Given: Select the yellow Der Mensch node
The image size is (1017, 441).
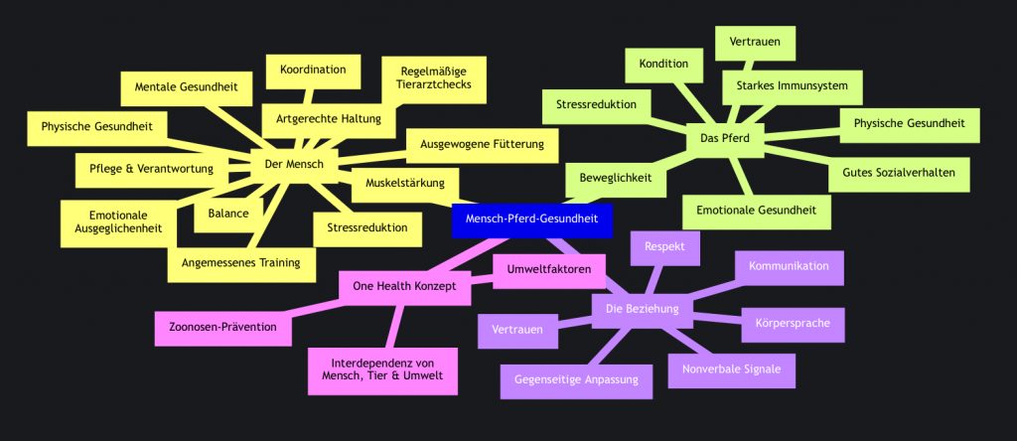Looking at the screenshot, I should pyautogui.click(x=294, y=164).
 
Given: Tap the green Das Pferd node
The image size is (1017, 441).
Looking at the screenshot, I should pyautogui.click(x=724, y=138).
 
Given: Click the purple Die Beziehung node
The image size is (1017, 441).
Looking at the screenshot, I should pyautogui.click(x=642, y=309).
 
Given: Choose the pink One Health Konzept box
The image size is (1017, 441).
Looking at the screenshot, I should pyautogui.click(x=404, y=286).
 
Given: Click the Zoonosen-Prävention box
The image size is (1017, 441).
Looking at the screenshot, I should pyautogui.click(x=222, y=327).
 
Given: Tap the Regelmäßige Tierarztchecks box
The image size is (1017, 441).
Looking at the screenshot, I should pyautogui.click(x=433, y=79).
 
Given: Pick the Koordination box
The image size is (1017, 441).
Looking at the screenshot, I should pyautogui.click(x=313, y=70).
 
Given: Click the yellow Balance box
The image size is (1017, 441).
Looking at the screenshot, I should pyautogui.click(x=228, y=213).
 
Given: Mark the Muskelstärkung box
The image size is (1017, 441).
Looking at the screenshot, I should pyautogui.click(x=405, y=184).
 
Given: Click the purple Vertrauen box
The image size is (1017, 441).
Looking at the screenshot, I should pyautogui.click(x=517, y=329).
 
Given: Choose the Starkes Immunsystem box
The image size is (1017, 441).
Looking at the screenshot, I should pyautogui.click(x=792, y=86).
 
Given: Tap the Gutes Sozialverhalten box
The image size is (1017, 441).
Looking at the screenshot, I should pyautogui.click(x=898, y=173).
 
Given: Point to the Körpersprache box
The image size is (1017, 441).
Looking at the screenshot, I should pyautogui.click(x=793, y=325).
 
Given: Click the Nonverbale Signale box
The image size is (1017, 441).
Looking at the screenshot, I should pyautogui.click(x=731, y=368).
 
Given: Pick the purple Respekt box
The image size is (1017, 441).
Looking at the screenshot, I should pyautogui.click(x=666, y=245).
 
